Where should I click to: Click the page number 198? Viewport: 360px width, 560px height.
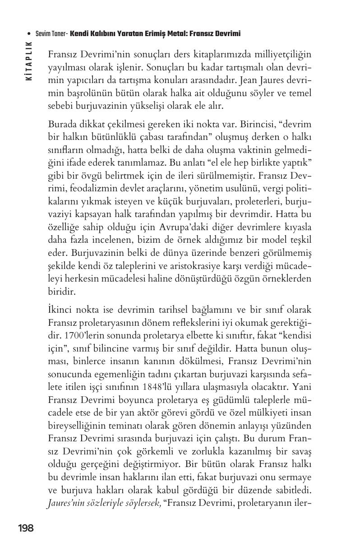26,528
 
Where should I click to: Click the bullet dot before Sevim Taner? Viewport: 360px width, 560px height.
29,34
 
